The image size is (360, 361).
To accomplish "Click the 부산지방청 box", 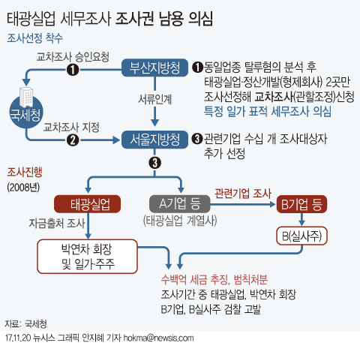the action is coord(154,68).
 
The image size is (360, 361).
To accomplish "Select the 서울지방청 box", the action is coord(154,140).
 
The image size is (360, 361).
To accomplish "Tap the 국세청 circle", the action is coord(25,113).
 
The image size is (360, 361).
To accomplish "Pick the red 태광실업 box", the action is coord(88,204).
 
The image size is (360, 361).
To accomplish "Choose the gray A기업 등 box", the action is coord(180,204).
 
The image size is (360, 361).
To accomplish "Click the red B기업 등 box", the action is coord(301,204).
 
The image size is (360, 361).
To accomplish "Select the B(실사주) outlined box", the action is coord(301,236).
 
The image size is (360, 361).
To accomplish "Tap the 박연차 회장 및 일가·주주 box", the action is coord(88,257).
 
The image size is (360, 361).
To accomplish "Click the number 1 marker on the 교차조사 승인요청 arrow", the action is coord(73,70).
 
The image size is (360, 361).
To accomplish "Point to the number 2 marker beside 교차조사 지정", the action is coord(73,140).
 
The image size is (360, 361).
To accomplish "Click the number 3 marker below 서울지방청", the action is coord(155,163).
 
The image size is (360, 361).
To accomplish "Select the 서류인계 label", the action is coord(155,99).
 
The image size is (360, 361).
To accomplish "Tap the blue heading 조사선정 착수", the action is coord(34,38).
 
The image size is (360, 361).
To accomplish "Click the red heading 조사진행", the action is coord(25,172).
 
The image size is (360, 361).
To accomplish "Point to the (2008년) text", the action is coord(23,187).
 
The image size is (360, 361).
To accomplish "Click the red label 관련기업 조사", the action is coord(243,194).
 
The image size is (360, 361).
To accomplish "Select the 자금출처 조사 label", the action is coord(57,223).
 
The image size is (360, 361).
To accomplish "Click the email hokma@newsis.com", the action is coord(158,338).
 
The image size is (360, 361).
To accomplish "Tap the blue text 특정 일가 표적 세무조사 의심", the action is coord(268,111).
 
